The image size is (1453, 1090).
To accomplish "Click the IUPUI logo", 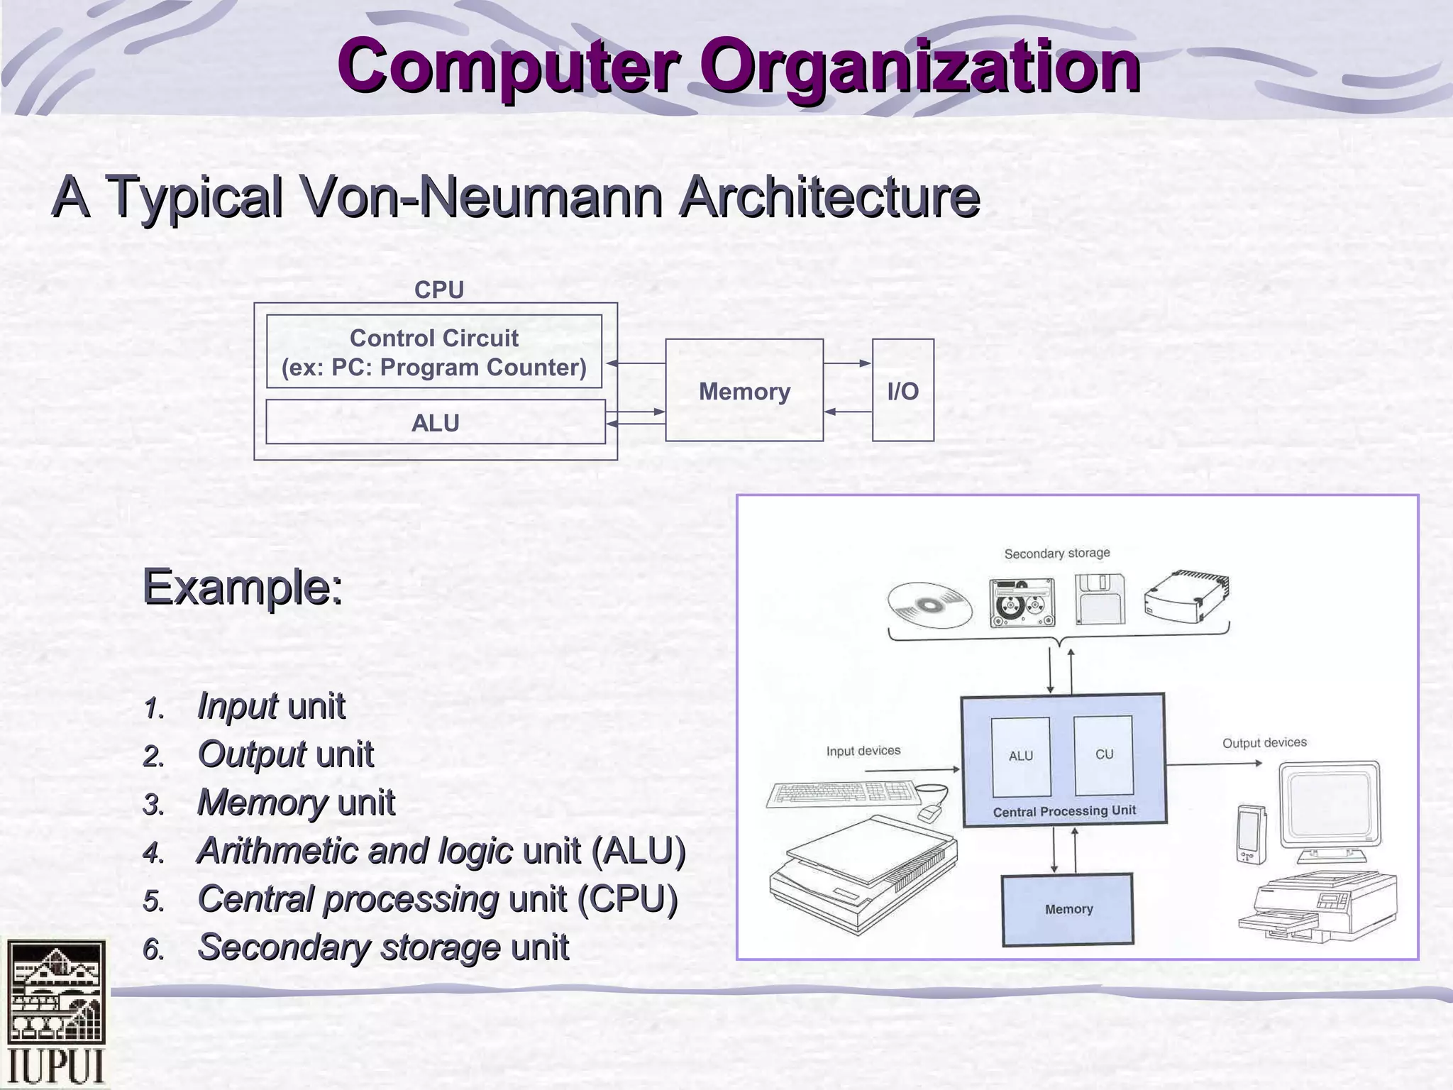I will pyautogui.click(x=55, y=1013).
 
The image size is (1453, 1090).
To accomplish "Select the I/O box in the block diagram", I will pyautogui.click(x=902, y=390).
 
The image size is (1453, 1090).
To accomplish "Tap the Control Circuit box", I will pyautogui.click(x=433, y=352).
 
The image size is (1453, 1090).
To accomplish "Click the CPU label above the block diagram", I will pyautogui.click(x=438, y=290).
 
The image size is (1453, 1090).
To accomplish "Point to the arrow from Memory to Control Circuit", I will pyautogui.click(x=636, y=363).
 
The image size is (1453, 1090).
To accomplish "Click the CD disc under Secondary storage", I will pyautogui.click(x=929, y=605).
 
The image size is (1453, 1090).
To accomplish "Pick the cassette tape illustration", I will pyautogui.click(x=1022, y=602).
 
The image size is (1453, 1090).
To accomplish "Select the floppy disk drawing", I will pyautogui.click(x=1100, y=599).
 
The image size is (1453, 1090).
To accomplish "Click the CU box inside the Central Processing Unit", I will pyautogui.click(x=1103, y=755).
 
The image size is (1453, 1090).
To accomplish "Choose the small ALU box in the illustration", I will pyautogui.click(x=1021, y=756).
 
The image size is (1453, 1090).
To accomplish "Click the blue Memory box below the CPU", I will pyautogui.click(x=1068, y=910).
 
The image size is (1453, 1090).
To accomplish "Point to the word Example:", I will pyautogui.click(x=243, y=587).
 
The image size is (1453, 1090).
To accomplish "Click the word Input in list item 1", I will pyautogui.click(x=237, y=706).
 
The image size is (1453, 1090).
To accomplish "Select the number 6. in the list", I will pyautogui.click(x=153, y=949).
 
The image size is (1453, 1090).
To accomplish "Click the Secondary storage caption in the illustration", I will pyautogui.click(x=1056, y=553).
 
